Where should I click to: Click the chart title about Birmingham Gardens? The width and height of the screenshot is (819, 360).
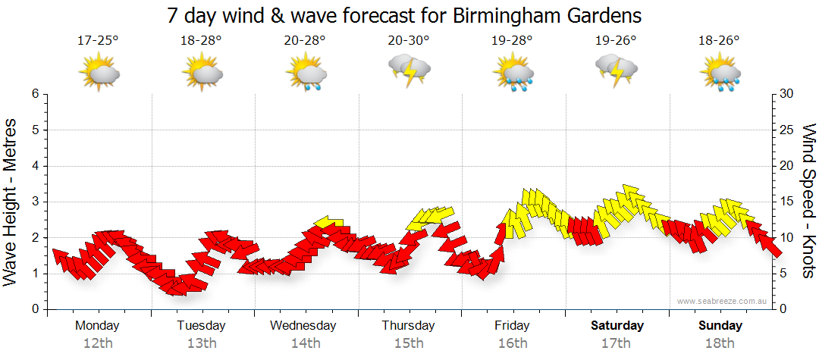click(x=404, y=15)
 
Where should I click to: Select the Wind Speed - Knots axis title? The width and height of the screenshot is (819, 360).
click(x=808, y=201)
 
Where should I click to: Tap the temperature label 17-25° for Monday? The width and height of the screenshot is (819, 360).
click(x=98, y=41)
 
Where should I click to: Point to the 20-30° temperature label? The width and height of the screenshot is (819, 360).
click(x=408, y=41)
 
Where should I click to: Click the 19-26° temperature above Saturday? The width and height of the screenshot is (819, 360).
click(x=616, y=41)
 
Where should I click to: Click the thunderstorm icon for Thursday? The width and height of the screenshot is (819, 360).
click(x=409, y=71)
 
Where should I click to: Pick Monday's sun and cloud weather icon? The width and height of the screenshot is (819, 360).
click(x=99, y=73)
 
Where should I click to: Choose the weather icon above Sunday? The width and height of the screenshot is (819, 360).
click(x=720, y=73)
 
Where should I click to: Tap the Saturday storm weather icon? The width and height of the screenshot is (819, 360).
click(x=616, y=71)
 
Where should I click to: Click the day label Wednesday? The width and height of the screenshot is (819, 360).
click(x=303, y=326)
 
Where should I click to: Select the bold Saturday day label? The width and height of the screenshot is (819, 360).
click(x=617, y=326)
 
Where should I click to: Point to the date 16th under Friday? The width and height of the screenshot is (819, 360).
click(x=513, y=343)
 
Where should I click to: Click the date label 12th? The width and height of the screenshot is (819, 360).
click(x=98, y=343)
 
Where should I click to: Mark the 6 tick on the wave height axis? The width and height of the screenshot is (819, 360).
click(x=35, y=94)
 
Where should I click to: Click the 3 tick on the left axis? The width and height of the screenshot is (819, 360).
click(x=35, y=202)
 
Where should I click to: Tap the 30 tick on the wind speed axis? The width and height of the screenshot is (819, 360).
click(x=787, y=94)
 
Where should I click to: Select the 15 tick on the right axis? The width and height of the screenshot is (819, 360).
click(x=787, y=202)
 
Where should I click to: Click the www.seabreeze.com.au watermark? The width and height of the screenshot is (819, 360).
click(x=723, y=301)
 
